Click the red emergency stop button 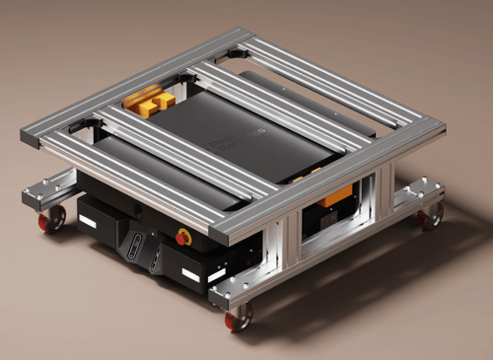pyautogui.click(x=183, y=237)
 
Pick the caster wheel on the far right pyautogui.click(x=430, y=216)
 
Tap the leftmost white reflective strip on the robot pyautogui.click(x=87, y=222)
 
